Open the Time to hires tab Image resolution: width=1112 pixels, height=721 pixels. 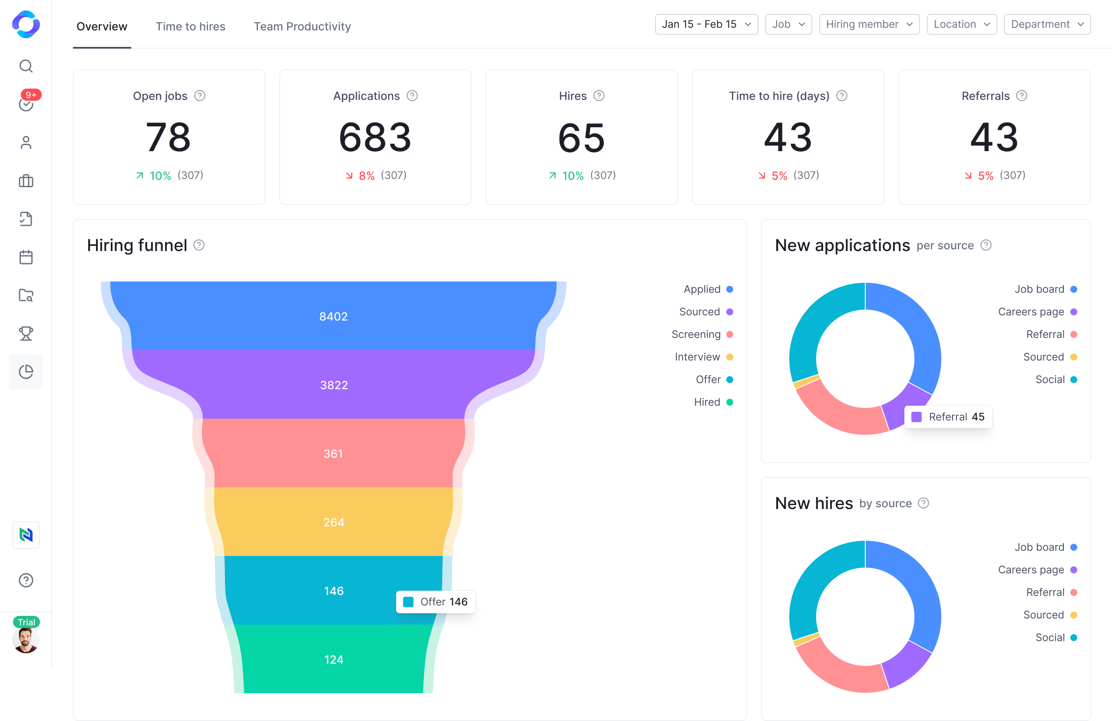[x=190, y=26]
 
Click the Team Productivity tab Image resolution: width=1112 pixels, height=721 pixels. [x=302, y=26]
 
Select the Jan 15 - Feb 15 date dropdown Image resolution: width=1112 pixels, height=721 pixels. [x=706, y=24]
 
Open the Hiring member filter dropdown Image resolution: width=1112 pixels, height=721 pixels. [x=869, y=24]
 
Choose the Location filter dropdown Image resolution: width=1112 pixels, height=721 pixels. [x=961, y=24]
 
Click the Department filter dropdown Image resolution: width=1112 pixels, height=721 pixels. [x=1046, y=24]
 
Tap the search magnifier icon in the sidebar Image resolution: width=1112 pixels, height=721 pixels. [x=26, y=66]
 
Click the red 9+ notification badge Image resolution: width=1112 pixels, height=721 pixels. [x=31, y=95]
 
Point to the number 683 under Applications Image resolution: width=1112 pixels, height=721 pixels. [x=375, y=137]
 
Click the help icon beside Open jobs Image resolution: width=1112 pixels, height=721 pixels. [x=200, y=96]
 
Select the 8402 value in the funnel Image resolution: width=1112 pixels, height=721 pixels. [x=333, y=316]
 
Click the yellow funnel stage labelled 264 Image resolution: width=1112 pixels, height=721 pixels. [x=334, y=522]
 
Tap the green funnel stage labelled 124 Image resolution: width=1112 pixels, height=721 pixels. [x=334, y=659]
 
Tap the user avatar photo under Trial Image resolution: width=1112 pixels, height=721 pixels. [x=26, y=640]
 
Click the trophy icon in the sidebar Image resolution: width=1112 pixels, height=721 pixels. [x=26, y=334]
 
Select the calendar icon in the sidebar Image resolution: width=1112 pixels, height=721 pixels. [x=26, y=257]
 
